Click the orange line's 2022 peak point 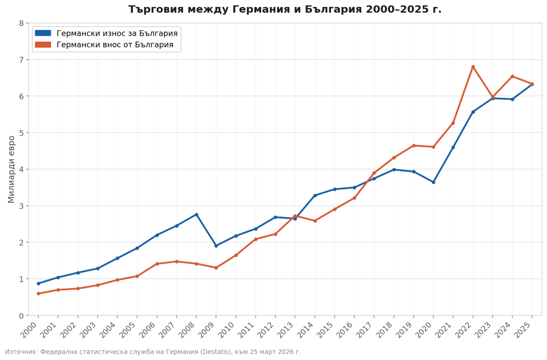coord(473,67)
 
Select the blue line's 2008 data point coord(196,214)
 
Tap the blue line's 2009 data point coord(216,246)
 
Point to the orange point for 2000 coord(38,293)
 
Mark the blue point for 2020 coord(433,182)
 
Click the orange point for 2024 coord(512,76)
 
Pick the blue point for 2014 coord(315,195)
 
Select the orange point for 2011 coord(256,239)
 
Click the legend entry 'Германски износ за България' coord(117,33)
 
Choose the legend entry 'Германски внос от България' coord(115,44)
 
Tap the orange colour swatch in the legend coord(43,44)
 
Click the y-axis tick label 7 coord(21,59)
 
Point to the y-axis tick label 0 coord(21,316)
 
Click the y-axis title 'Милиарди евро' coord(12,169)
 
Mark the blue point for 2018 coord(394,170)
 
